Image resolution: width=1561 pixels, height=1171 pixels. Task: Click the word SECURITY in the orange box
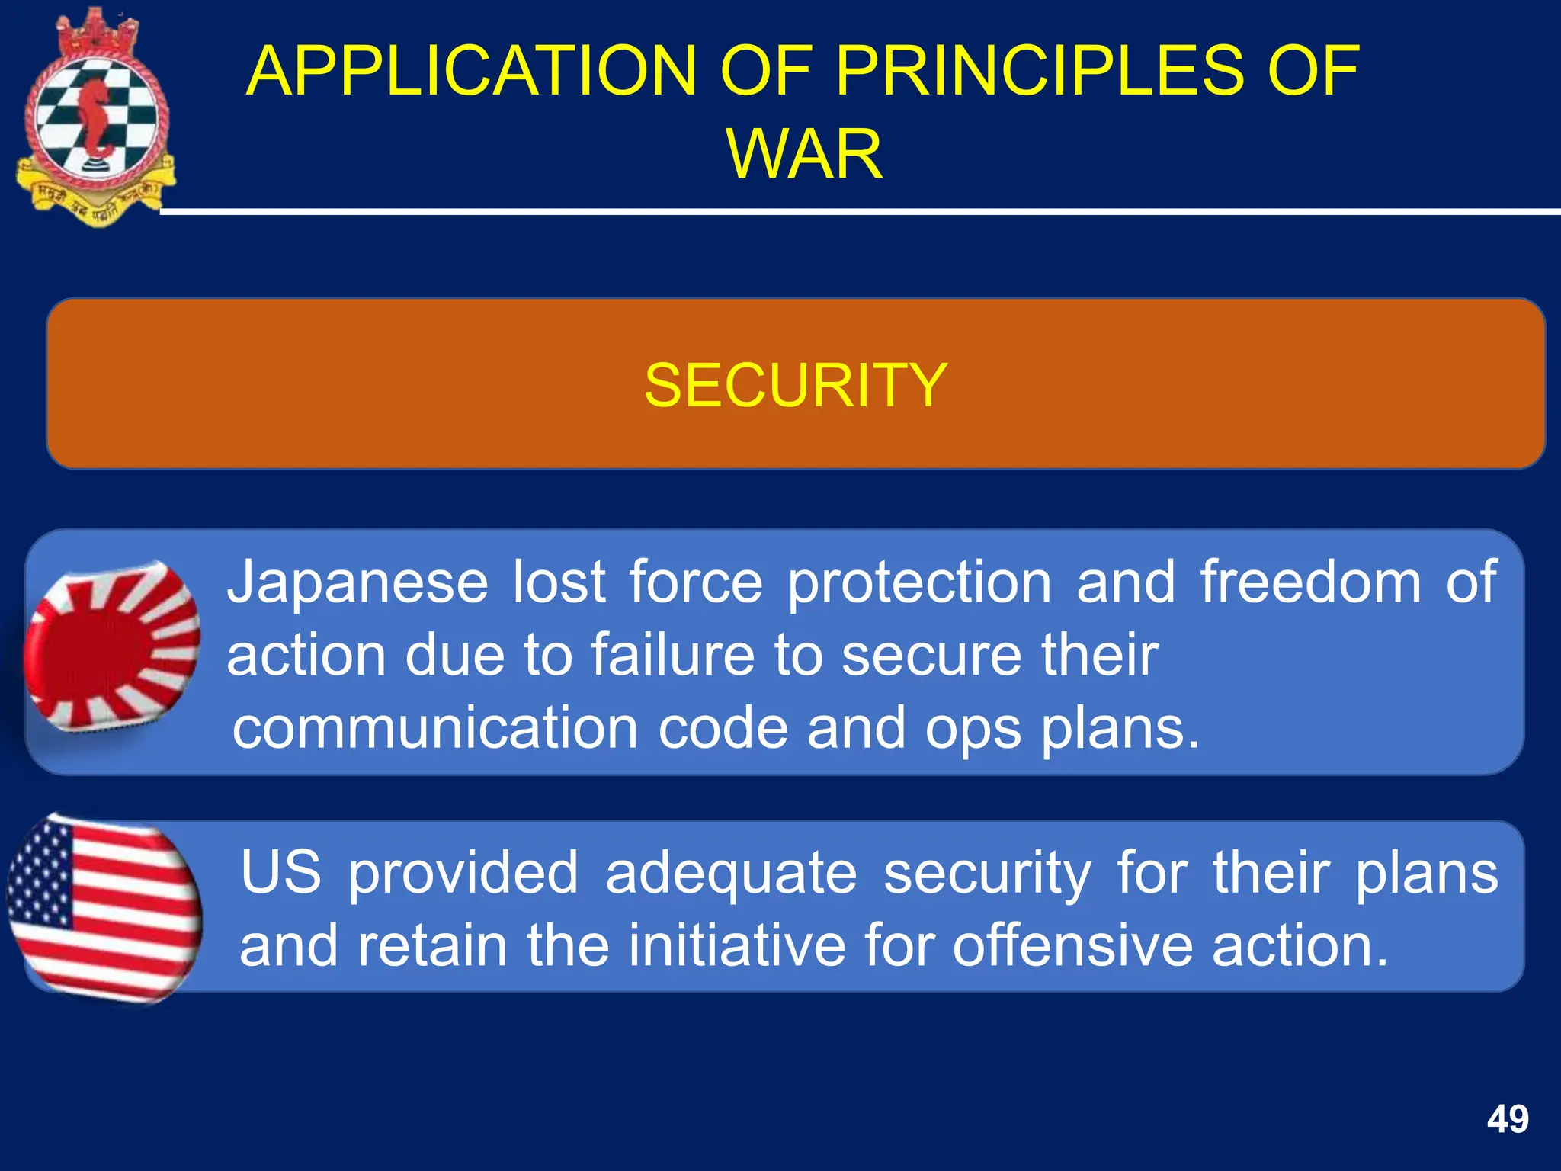795,386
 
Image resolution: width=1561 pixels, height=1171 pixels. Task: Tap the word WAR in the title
804,154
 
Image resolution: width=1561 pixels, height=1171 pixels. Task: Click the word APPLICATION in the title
471,71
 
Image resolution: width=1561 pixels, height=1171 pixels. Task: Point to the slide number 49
1507,1119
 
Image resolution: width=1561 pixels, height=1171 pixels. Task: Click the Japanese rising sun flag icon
112,646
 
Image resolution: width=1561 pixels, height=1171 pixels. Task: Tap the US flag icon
104,909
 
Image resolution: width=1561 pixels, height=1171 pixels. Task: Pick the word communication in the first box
434,728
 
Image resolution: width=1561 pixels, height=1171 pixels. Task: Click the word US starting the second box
280,873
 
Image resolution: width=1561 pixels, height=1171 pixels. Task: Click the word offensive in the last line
1072,946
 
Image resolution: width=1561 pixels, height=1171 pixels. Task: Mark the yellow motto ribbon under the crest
95,200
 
